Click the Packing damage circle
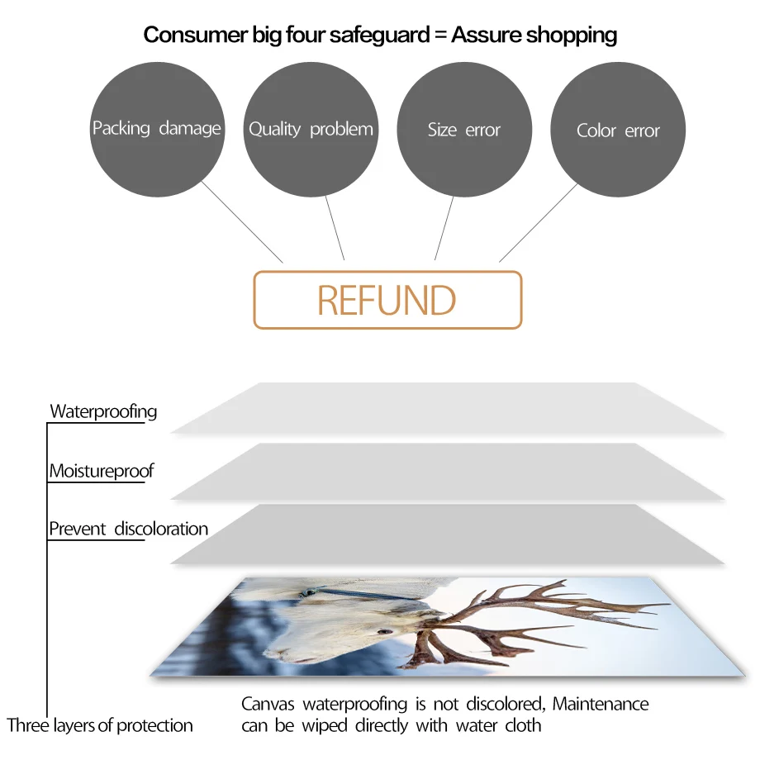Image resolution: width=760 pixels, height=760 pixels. point(156,130)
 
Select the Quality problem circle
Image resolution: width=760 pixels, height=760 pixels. point(311,130)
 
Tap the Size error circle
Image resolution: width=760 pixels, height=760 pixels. point(464,130)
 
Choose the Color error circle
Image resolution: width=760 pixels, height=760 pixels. point(618,131)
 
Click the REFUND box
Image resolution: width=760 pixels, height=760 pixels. point(387,300)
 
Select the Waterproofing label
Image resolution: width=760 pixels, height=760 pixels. point(103,411)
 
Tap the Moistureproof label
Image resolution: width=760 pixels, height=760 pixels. point(102,472)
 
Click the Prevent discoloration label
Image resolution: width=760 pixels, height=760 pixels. point(128,529)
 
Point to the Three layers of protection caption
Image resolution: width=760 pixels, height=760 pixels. point(100,726)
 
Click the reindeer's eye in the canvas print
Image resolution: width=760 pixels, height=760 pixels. point(384,632)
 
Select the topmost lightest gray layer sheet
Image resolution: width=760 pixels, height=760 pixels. point(446,408)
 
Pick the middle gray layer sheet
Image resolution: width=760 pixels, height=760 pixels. point(446,471)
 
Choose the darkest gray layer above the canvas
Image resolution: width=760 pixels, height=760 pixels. point(446,534)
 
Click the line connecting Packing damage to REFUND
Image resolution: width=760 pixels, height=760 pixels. point(241,221)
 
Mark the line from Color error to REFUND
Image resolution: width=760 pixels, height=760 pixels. point(539,221)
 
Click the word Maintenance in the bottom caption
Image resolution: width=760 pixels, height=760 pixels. point(601,705)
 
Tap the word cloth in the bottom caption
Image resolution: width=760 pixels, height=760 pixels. point(523,726)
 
